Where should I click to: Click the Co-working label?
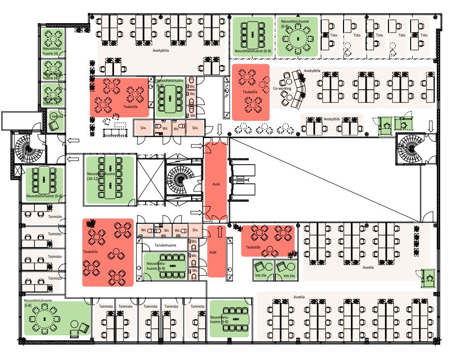[x=282, y=89]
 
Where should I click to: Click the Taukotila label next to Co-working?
[x=250, y=92]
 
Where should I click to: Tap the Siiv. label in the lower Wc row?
[x=194, y=230]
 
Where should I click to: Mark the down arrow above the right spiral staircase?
[x=431, y=127]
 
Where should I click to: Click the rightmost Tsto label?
[x=424, y=36]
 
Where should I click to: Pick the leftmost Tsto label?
[x=334, y=36]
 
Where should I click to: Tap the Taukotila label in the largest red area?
[x=92, y=252]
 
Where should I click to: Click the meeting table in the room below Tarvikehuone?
[x=172, y=265]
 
